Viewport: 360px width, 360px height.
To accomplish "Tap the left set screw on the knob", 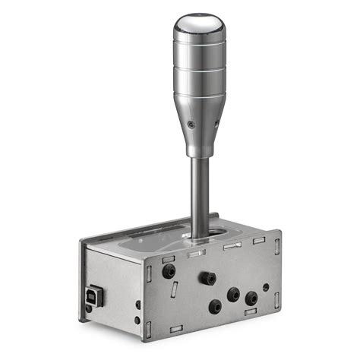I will point(191,125).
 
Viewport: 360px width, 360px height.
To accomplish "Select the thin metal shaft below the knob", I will point(199,190).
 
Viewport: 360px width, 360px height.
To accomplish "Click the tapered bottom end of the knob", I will point(200,144).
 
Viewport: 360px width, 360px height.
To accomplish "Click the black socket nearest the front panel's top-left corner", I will point(168,270).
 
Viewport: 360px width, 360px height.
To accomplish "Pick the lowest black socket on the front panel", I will point(215,307).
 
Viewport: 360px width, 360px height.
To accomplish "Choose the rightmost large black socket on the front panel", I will point(251,298).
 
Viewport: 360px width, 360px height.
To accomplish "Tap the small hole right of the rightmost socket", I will point(265,288).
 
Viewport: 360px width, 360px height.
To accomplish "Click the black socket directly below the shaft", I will point(206,278).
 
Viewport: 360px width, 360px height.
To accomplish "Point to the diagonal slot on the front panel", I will point(176,289).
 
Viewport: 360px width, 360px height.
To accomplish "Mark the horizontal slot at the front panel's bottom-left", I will point(176,329).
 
